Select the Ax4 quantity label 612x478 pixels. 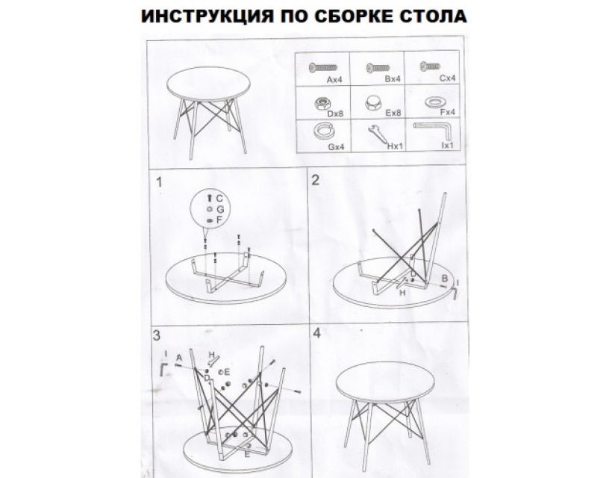(x=334, y=79)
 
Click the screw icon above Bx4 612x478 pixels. (x=378, y=68)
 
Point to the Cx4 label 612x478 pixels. (x=447, y=78)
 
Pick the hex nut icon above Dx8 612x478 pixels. (x=322, y=104)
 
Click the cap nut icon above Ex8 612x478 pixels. (x=374, y=103)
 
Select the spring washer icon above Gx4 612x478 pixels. (x=323, y=131)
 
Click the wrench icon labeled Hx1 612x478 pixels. (x=377, y=134)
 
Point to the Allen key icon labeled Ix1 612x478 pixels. (x=433, y=131)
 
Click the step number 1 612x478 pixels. (x=160, y=182)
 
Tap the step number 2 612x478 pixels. (x=316, y=180)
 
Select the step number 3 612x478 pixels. (x=157, y=335)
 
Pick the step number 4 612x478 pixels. (x=317, y=333)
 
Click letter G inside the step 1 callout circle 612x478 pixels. (x=220, y=209)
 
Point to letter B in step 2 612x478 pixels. (x=444, y=279)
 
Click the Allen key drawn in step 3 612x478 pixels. (x=163, y=369)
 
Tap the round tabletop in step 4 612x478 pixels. (x=386, y=382)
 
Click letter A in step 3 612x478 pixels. (x=179, y=357)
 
